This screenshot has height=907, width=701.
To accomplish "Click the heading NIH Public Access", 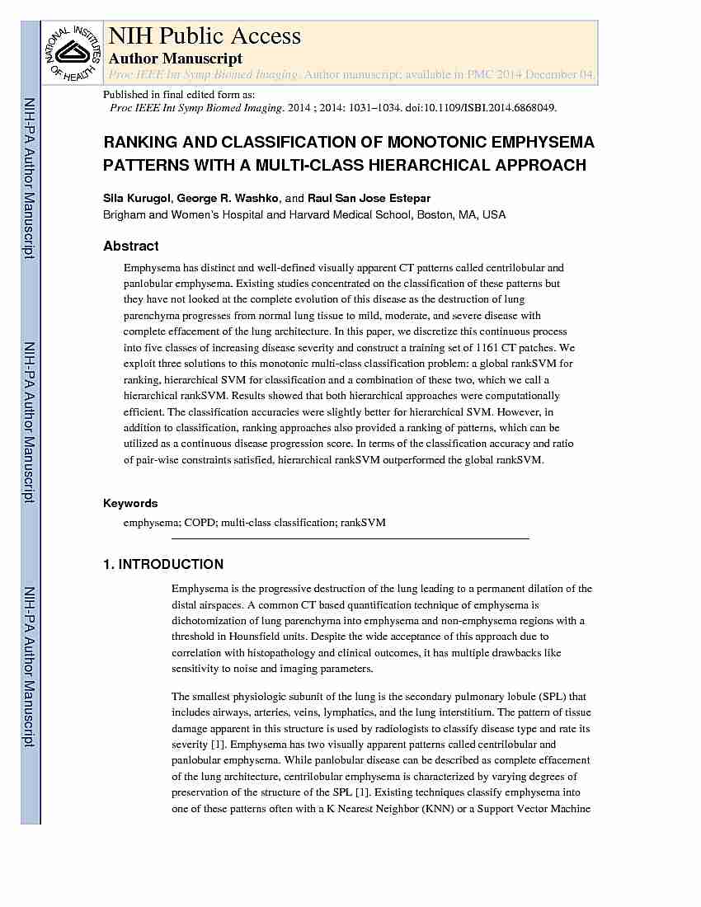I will pyautogui.click(x=205, y=36).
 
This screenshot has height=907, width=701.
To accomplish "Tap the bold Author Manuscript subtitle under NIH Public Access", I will pyautogui.click(x=176, y=59).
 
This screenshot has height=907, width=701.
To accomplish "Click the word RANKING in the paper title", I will pyautogui.click(x=140, y=143).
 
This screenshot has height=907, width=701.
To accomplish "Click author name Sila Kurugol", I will pyautogui.click(x=136, y=199).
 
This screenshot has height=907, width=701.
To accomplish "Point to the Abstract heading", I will pyautogui.click(x=131, y=246).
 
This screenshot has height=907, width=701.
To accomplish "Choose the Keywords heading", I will pyautogui.click(x=130, y=503).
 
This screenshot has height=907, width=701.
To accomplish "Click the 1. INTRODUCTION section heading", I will pyautogui.click(x=163, y=565).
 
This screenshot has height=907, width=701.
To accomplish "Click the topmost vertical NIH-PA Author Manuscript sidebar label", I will pyautogui.click(x=30, y=178).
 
